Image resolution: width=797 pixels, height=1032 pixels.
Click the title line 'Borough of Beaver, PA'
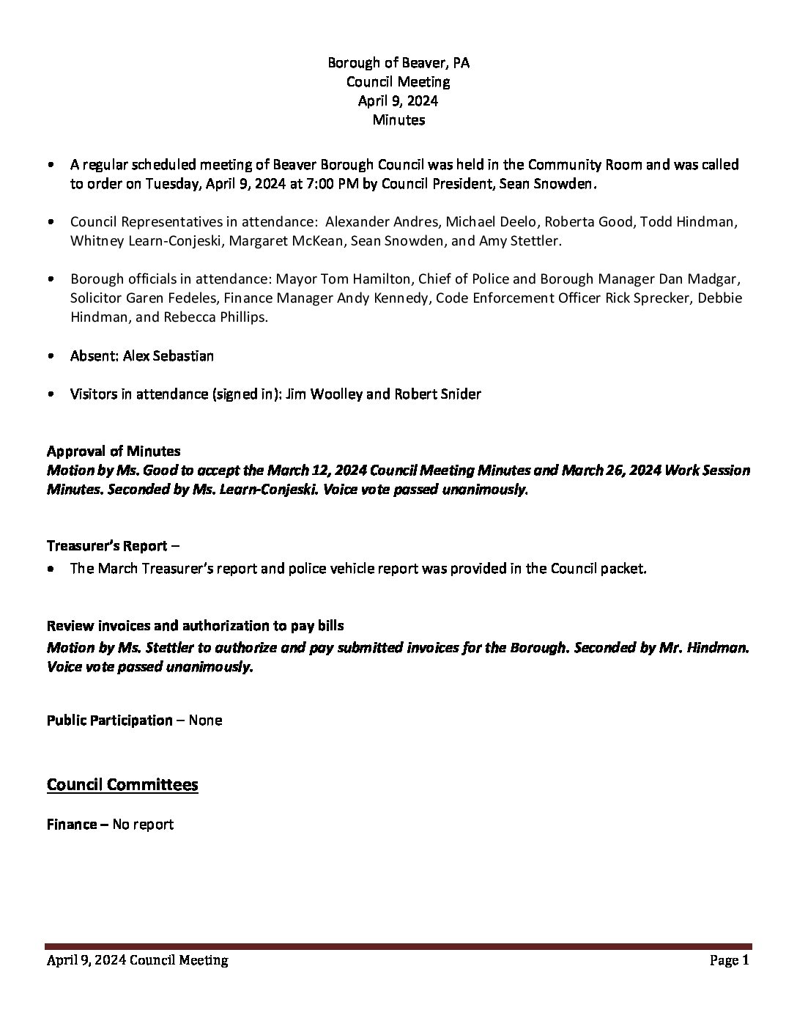click(x=398, y=63)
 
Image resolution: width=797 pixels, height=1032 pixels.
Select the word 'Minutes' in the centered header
click(x=398, y=120)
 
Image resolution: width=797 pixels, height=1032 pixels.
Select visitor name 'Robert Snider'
click(x=437, y=394)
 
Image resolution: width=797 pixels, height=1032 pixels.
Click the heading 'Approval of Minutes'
click(x=114, y=451)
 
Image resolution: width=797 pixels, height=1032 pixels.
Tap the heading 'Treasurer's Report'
click(x=107, y=546)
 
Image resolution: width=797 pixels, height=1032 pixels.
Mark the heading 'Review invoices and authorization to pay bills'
click(x=195, y=626)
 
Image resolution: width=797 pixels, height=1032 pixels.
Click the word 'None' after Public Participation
click(x=205, y=720)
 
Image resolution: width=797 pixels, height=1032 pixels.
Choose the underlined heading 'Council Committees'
click(x=122, y=785)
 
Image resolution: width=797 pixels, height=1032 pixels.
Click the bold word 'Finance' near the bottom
click(x=71, y=825)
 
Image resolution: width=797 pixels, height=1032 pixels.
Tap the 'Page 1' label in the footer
click(x=729, y=960)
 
